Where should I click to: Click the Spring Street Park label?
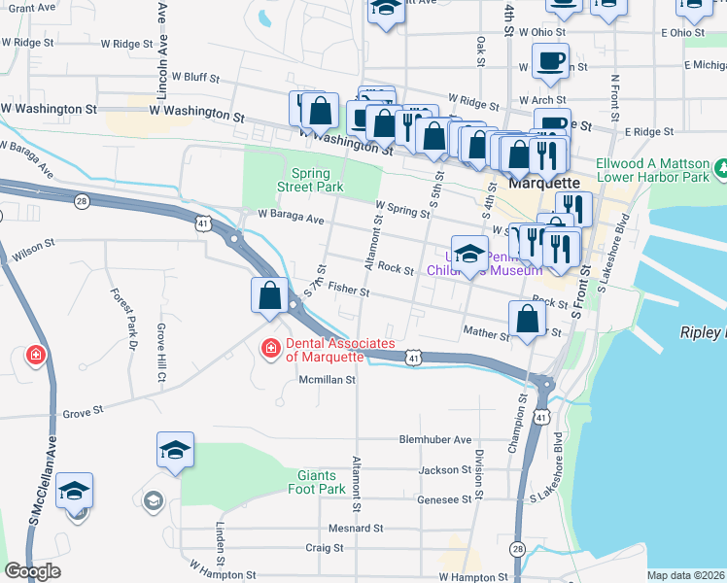[x=310, y=178]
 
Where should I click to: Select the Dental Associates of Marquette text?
[x=340, y=350]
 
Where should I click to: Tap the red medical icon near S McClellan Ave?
[x=36, y=356]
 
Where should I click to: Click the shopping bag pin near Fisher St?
[x=270, y=295]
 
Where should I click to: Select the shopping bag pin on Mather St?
[x=527, y=319]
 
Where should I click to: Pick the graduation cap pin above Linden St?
[x=175, y=451]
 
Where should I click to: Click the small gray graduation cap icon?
[x=153, y=500]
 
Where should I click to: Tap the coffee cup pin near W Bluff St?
[x=550, y=62]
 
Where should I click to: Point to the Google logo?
[x=32, y=571]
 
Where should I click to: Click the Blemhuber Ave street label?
[x=434, y=439]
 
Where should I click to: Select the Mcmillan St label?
[x=328, y=380]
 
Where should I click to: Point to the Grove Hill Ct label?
[x=163, y=350]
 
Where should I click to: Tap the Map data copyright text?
[x=686, y=575]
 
